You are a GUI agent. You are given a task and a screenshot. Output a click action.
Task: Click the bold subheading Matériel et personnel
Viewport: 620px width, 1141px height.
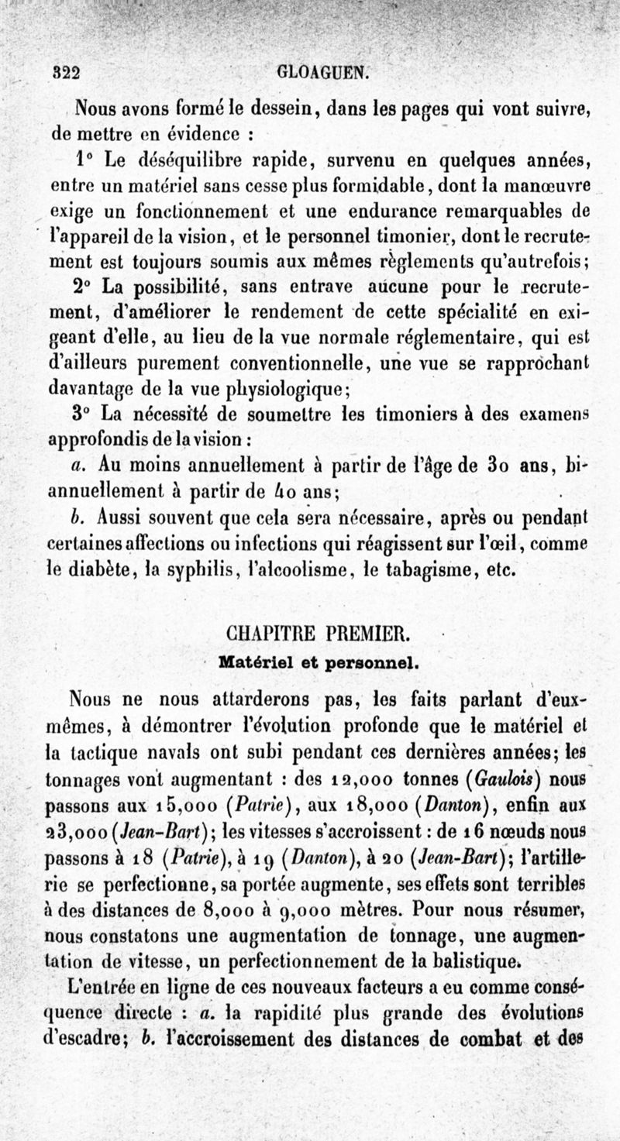tap(319, 663)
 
